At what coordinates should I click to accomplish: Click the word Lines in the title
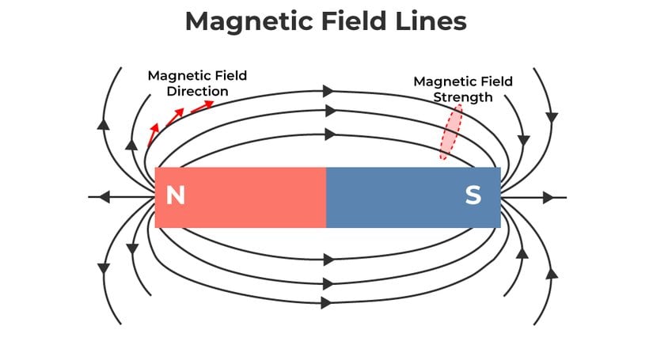[431, 21]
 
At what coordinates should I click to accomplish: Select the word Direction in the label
[198, 91]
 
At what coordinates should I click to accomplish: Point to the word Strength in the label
[463, 97]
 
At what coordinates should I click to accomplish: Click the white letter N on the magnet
[175, 195]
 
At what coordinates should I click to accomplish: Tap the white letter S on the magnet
[473, 195]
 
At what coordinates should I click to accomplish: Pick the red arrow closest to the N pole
[153, 133]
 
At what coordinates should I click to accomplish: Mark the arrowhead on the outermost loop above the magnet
[328, 91]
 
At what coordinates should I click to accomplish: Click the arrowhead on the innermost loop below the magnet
[328, 260]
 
